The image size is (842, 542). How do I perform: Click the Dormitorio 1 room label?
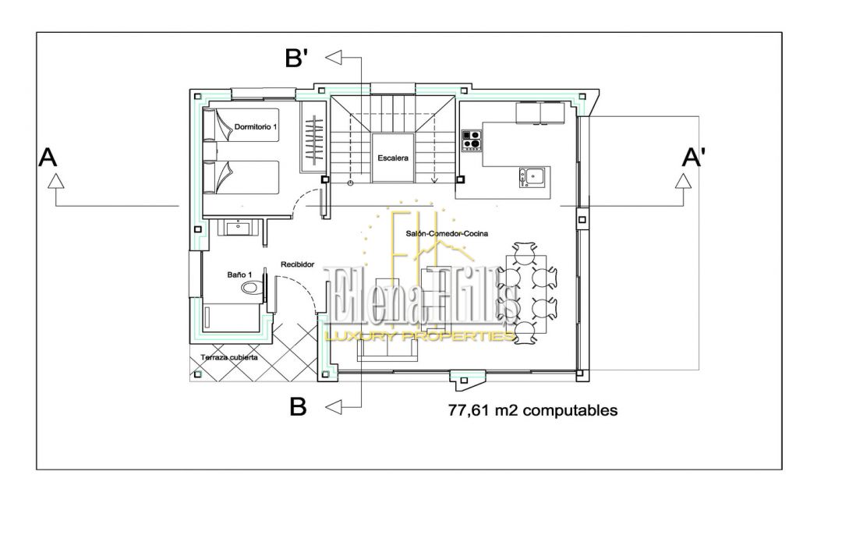pos(256,127)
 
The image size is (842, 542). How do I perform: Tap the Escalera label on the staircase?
pos(392,158)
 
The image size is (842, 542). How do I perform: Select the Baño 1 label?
pos(239,275)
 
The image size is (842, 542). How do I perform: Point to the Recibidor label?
pos(298,264)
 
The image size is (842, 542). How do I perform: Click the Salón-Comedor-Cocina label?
pos(447,234)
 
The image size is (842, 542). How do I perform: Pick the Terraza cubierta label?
pos(228,357)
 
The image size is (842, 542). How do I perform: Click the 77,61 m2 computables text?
pos(532,410)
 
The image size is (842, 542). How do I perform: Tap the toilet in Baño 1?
pos(251,288)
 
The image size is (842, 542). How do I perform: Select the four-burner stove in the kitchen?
pos(472,140)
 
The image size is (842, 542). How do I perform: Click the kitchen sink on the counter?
pos(532,177)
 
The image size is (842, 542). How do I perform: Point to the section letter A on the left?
pos(48,158)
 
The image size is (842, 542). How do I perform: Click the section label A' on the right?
pos(693,158)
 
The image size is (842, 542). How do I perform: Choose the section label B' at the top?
pos(296,58)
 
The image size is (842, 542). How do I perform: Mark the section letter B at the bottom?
pos(298,407)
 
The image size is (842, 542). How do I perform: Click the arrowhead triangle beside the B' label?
pos(334,58)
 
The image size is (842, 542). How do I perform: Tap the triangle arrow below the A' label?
pos(683,181)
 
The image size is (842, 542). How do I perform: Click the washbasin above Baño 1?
pos(237,228)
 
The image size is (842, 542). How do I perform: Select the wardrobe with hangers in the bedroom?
pos(314,140)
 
